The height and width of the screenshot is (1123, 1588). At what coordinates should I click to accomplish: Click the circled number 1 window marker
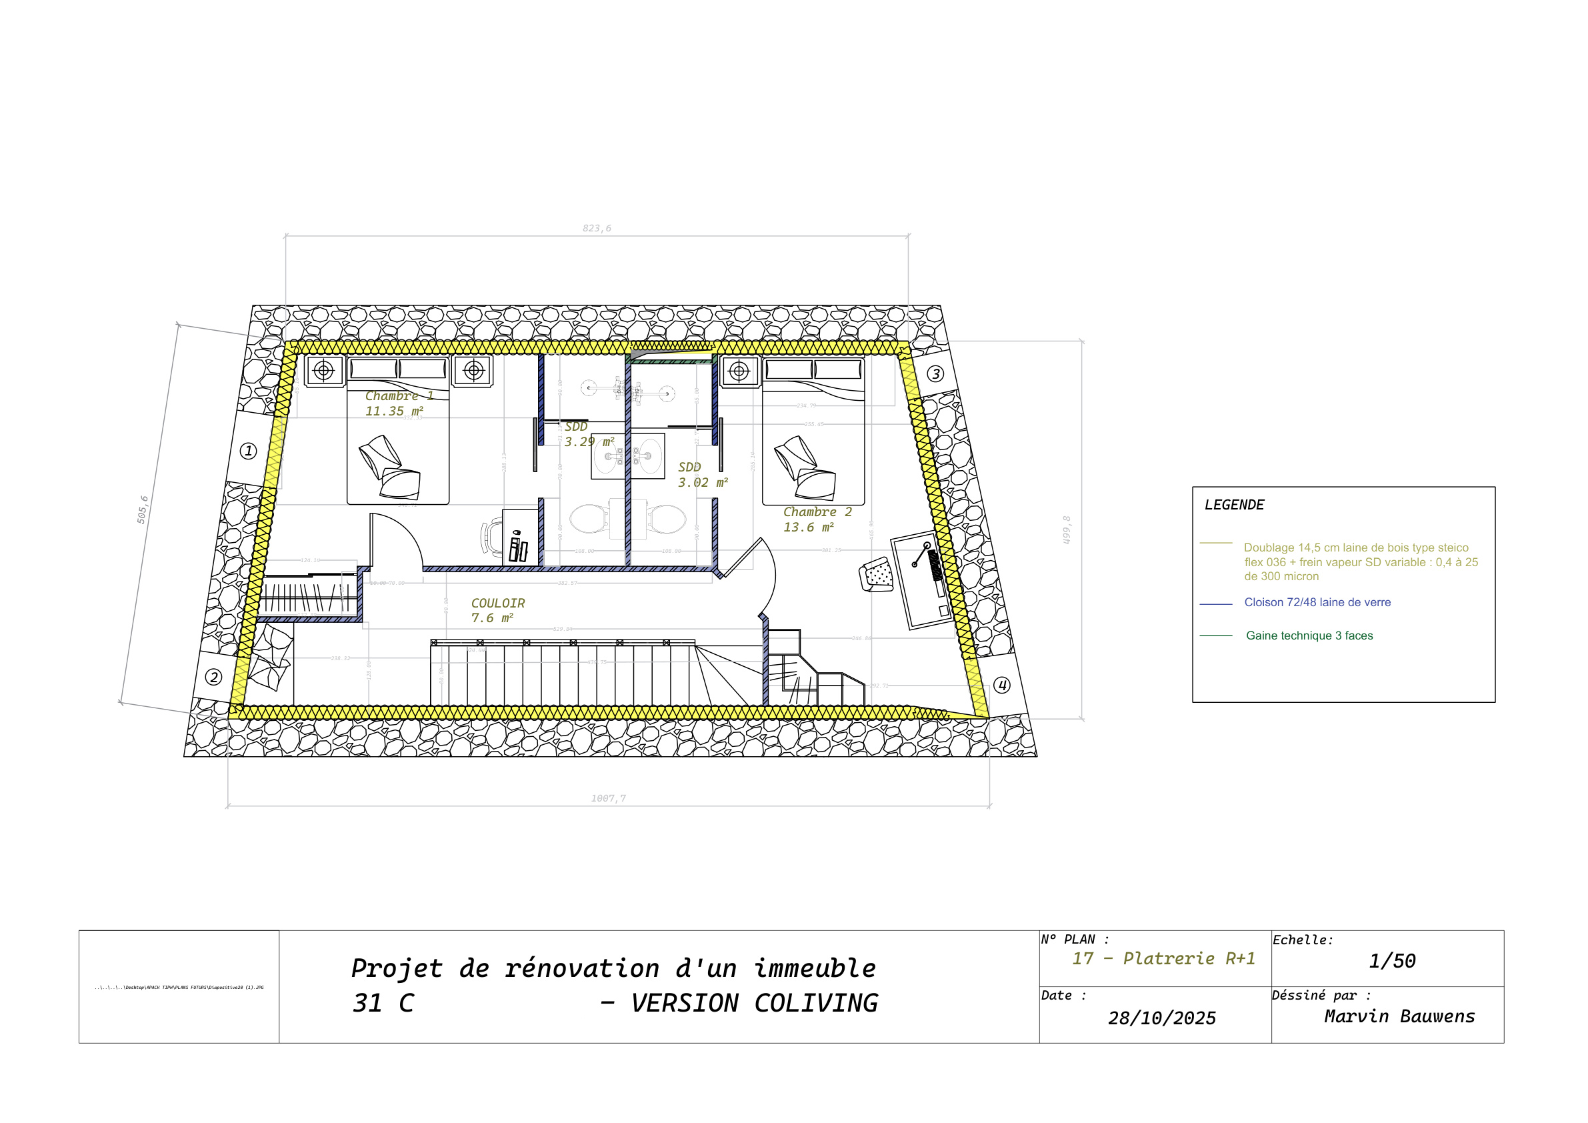(248, 451)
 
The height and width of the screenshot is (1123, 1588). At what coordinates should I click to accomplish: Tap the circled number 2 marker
(214, 677)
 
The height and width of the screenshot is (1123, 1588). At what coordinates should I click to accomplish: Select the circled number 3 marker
(935, 373)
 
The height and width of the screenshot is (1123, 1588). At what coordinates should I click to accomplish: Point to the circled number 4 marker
(1001, 685)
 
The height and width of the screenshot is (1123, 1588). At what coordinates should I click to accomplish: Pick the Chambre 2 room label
(817, 512)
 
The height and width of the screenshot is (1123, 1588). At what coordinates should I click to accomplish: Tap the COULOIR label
(498, 604)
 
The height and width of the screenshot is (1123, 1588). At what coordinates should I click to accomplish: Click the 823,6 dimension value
(597, 228)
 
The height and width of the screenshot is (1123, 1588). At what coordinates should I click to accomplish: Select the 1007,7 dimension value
(609, 798)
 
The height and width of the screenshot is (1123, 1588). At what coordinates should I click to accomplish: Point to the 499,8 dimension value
(1067, 530)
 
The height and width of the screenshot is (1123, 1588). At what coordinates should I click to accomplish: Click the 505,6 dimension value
(143, 509)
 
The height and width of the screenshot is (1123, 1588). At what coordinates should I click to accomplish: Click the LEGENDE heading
(1234, 505)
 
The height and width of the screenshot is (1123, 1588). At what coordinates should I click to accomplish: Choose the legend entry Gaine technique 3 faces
(1309, 636)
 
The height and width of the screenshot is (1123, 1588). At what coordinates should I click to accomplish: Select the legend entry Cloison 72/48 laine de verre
(1317, 603)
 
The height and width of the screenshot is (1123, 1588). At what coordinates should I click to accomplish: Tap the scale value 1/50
(1392, 961)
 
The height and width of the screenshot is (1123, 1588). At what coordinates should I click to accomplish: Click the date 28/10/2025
(1162, 1018)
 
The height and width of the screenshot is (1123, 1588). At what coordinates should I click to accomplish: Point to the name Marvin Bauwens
(1399, 1016)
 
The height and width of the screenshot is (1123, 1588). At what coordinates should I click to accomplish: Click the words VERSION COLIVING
(754, 1003)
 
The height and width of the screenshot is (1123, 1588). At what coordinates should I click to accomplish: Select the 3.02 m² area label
(703, 482)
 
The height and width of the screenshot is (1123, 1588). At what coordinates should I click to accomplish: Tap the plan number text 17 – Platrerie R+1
(1163, 959)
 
